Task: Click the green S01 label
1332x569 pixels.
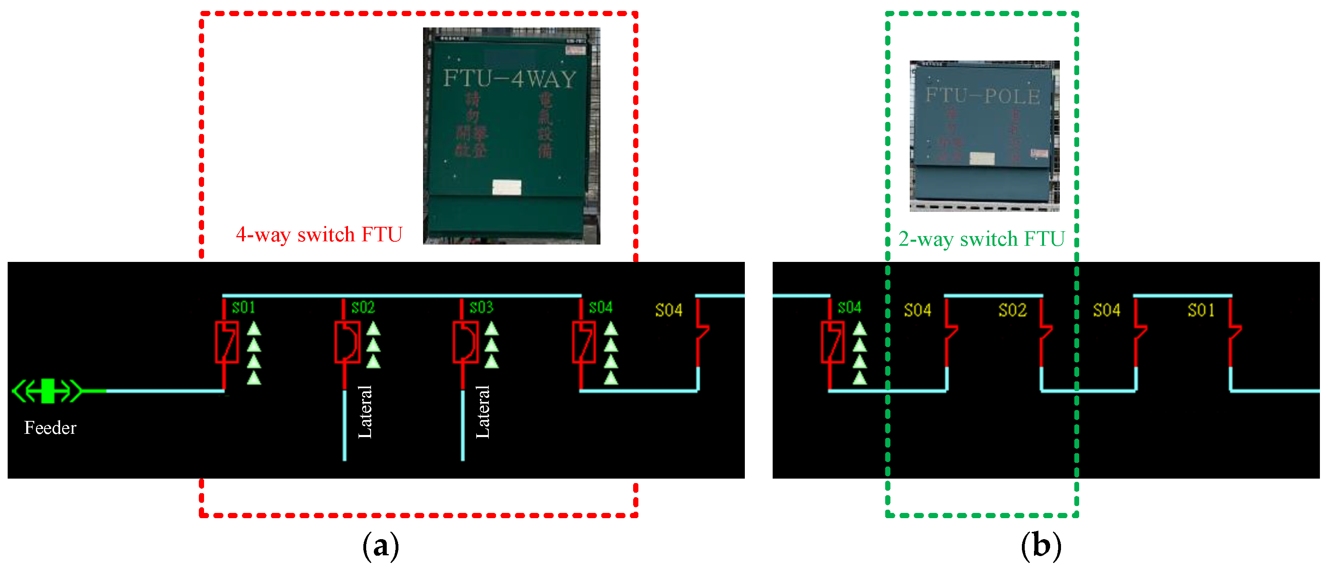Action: coord(243,308)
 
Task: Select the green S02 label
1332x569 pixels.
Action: coord(363,308)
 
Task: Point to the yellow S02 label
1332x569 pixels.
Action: coord(1012,310)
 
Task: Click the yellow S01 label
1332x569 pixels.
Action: coord(1201,310)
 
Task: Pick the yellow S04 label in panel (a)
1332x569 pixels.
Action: coord(669,310)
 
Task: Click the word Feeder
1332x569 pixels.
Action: coord(50,428)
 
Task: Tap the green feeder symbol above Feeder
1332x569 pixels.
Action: coord(47,391)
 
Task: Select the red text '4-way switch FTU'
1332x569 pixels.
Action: coord(319,235)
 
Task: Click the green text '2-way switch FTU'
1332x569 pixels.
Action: coord(981,239)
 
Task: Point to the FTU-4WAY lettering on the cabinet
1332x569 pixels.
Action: coord(509,79)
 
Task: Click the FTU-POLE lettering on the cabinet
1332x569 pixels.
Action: coord(982,96)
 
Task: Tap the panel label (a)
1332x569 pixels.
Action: coord(381,546)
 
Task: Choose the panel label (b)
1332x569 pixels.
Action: coord(1040,546)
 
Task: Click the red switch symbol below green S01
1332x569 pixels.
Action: coord(227,342)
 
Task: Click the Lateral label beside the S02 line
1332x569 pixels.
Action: coord(365,412)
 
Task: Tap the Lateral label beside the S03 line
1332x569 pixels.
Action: coord(482,412)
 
